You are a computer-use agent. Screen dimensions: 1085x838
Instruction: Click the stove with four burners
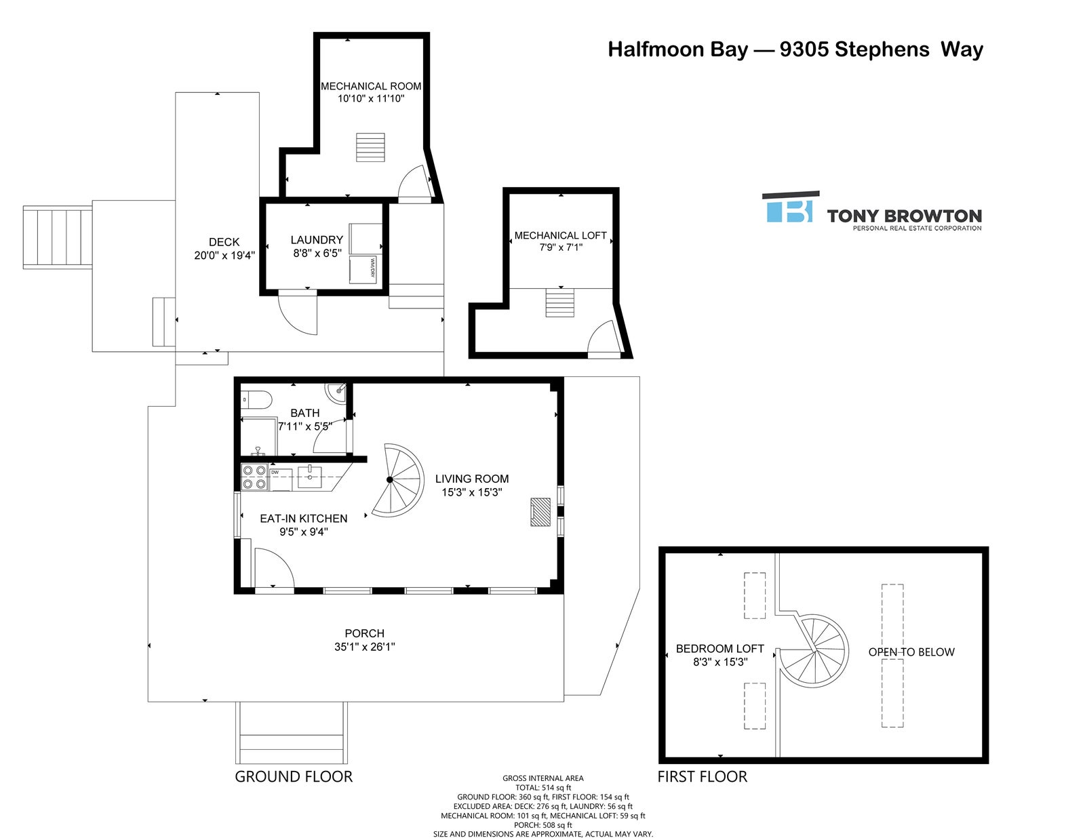click(x=255, y=477)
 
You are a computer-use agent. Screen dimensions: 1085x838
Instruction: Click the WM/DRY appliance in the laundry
click(x=366, y=269)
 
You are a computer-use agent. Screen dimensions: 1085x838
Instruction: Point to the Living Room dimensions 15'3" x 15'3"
click(x=471, y=492)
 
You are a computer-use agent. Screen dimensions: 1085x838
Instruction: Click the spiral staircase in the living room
click(x=399, y=479)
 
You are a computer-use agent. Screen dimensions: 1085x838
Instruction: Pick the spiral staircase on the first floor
click(x=812, y=652)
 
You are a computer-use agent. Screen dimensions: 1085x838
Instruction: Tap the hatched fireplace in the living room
click(x=538, y=512)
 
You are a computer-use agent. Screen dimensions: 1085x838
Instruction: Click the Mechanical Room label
click(x=371, y=86)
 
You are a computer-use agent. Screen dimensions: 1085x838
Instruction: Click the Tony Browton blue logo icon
click(x=790, y=207)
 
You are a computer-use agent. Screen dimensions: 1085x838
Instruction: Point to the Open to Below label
click(x=911, y=652)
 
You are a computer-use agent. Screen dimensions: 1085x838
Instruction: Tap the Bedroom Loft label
click(x=719, y=648)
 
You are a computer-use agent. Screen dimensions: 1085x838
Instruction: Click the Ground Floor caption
click(x=294, y=776)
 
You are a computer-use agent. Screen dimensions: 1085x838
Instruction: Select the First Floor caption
click(x=702, y=776)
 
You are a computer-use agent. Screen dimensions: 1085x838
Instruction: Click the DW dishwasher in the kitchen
click(x=281, y=479)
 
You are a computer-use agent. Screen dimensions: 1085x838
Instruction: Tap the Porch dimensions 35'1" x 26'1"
click(x=365, y=647)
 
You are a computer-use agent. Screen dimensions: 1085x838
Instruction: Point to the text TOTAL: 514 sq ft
click(x=542, y=788)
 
